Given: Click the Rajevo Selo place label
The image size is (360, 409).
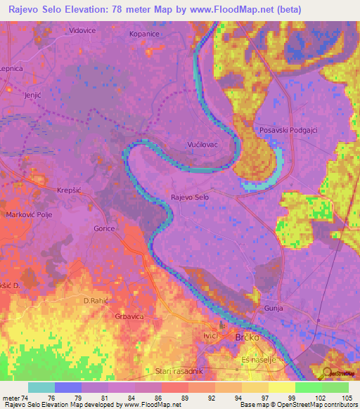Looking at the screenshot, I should click(190, 198).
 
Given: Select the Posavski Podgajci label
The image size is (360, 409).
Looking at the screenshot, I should click(288, 131).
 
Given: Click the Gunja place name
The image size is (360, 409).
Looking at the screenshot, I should click(274, 309).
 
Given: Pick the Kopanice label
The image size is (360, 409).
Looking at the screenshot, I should click(146, 33).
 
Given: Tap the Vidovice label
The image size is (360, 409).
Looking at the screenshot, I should click(82, 31).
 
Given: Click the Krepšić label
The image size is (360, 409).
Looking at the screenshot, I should click(70, 190).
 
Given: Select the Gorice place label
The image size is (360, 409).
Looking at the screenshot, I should click(104, 228).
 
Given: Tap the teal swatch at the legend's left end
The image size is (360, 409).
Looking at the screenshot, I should click(41, 387).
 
